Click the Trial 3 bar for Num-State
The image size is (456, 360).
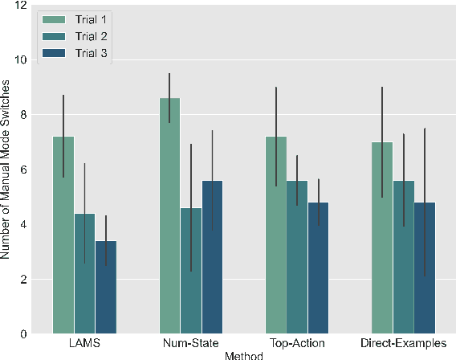click(x=212, y=257)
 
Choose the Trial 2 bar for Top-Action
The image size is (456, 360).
click(x=297, y=257)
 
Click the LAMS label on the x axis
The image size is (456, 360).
click(x=84, y=344)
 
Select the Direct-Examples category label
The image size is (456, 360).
click(x=402, y=344)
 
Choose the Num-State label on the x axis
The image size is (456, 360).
click(x=190, y=344)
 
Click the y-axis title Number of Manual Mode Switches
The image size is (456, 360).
click(x=6, y=170)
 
